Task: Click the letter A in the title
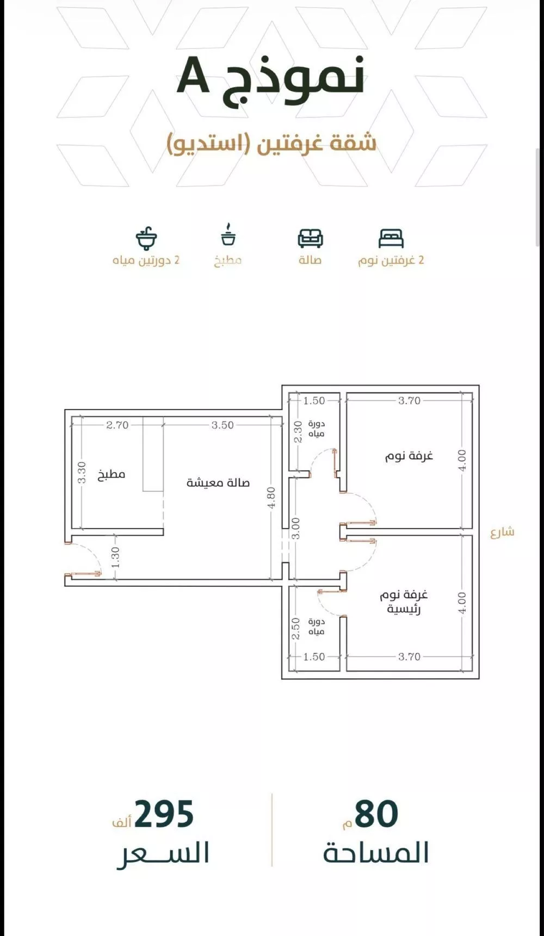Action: pos(193,77)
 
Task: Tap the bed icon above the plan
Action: pos(391,239)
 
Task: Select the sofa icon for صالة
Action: pos(310,238)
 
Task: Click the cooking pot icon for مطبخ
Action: pos(228,235)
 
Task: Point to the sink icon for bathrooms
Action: pos(146,238)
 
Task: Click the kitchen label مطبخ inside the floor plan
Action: pos(112,474)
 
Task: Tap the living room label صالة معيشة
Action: pos(218,482)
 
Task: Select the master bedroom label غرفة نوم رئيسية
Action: pos(404,602)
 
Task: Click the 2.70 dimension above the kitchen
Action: pos(117,425)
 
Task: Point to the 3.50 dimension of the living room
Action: pos(222,425)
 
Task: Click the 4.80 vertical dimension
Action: pos(272,497)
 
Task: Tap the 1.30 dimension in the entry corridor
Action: pos(115,558)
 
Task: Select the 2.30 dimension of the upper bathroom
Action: pos(298,432)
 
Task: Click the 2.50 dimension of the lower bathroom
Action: pos(296,628)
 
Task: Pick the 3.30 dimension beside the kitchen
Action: pos(82,473)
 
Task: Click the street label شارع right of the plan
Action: pos(502,532)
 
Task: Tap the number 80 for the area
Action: pos(376,814)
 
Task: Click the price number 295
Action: pos(164,814)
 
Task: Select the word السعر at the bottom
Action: pos(163,852)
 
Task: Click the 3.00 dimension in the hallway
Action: pos(295,528)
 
